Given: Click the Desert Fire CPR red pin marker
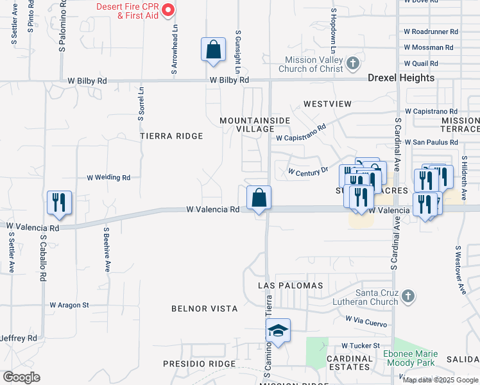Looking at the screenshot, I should [x=168, y=10].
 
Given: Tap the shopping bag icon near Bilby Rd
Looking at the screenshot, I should [x=213, y=49].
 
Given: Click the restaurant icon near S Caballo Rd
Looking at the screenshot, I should [x=58, y=201].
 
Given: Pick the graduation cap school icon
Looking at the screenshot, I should [x=278, y=330].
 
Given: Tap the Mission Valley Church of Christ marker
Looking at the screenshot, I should [x=352, y=64].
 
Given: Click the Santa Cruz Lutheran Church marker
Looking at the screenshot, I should [x=408, y=296].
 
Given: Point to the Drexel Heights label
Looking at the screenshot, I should [x=401, y=78].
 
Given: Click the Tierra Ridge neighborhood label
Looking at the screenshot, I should [x=171, y=136].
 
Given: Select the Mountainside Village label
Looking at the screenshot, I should [x=255, y=124].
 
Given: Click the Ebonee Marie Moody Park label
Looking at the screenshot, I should [x=411, y=358].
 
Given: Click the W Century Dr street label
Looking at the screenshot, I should [x=307, y=171].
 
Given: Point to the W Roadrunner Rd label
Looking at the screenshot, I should [x=431, y=31].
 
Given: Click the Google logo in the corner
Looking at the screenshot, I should [x=21, y=377].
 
